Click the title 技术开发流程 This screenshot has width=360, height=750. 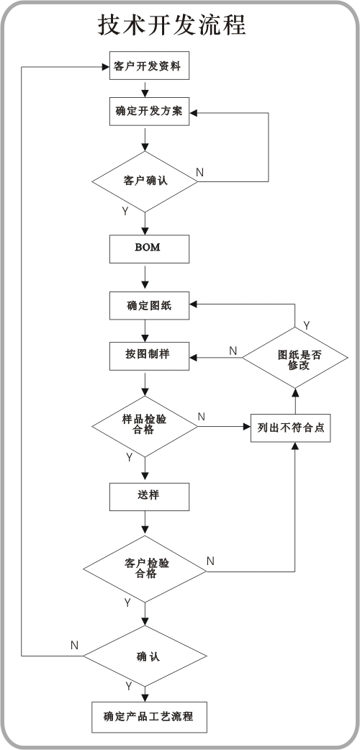pyautogui.click(x=172, y=25)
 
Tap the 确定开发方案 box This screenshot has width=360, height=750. pyautogui.click(x=149, y=112)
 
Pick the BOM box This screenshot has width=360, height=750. pyautogui.click(x=149, y=249)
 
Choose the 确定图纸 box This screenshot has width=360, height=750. pyautogui.click(x=149, y=305)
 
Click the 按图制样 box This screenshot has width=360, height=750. pyautogui.click(x=149, y=356)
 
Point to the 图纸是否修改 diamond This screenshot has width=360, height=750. pyautogui.click(x=295, y=358)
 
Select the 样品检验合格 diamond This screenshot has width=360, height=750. pyautogui.click(x=145, y=426)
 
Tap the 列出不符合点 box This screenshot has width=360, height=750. pyautogui.click(x=291, y=428)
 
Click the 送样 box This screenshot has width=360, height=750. pyautogui.click(x=149, y=497)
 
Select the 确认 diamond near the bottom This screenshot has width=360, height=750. pyautogui.click(x=145, y=656)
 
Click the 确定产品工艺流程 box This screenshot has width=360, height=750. pyautogui.click(x=149, y=717)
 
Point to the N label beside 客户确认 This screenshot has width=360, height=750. pyautogui.click(x=199, y=172)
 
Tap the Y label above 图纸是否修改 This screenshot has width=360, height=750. pyautogui.click(x=307, y=326)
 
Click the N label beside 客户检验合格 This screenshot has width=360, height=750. pyautogui.click(x=211, y=561)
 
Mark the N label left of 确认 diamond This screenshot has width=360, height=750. pyautogui.click(x=74, y=645)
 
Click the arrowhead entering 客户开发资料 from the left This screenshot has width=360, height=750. pyautogui.click(x=106, y=66)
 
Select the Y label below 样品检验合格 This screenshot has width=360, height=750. pyautogui.click(x=129, y=458)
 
